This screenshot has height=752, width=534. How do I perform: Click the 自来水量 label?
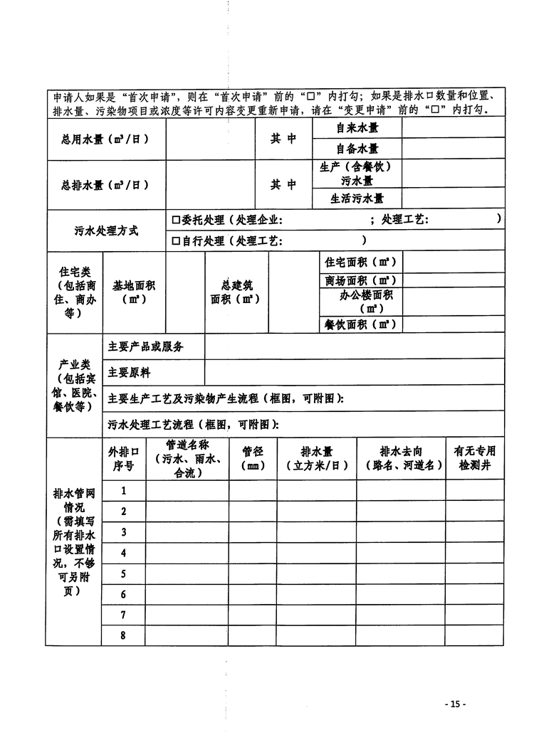[x=357, y=129]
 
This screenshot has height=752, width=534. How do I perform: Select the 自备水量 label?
[x=357, y=149]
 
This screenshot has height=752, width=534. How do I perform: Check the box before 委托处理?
[x=176, y=221]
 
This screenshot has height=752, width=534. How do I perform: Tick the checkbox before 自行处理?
[x=176, y=241]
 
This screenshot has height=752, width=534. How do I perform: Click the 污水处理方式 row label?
[x=106, y=231]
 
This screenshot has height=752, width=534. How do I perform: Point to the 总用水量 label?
[x=105, y=139]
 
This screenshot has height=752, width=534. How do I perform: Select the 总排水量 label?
[x=105, y=185]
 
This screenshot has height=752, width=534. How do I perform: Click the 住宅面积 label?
[x=360, y=261]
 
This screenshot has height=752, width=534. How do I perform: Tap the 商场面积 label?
[x=360, y=281]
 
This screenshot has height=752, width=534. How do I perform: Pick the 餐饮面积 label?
[x=360, y=324]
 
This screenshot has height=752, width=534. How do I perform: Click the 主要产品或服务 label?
[x=146, y=346]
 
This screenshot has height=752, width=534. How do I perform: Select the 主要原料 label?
[x=130, y=372]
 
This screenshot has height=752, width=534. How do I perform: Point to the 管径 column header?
[x=253, y=459]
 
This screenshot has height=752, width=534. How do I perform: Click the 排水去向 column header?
[x=402, y=459]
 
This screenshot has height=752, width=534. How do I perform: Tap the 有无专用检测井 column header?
[x=474, y=459]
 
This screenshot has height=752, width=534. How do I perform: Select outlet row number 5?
[x=123, y=573]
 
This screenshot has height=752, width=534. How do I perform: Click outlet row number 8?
[x=123, y=635]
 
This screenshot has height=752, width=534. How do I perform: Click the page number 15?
[x=455, y=704]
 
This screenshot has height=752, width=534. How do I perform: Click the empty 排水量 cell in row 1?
[x=316, y=490]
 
